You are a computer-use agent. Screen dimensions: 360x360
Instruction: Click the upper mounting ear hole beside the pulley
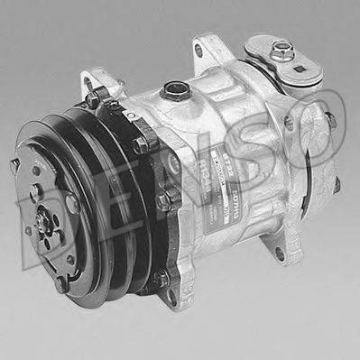click(x=92, y=88)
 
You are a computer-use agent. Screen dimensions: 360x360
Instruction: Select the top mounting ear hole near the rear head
click(x=198, y=50)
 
